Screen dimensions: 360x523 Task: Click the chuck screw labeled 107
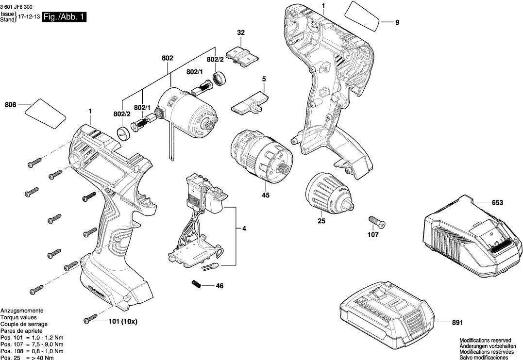[377, 222]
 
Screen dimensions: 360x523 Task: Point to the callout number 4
[244, 228]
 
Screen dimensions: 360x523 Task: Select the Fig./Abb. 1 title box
[65, 17]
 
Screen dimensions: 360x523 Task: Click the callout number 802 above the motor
[168, 58]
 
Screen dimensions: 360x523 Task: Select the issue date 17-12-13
[29, 16]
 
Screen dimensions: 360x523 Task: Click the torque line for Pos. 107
[32, 344]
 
